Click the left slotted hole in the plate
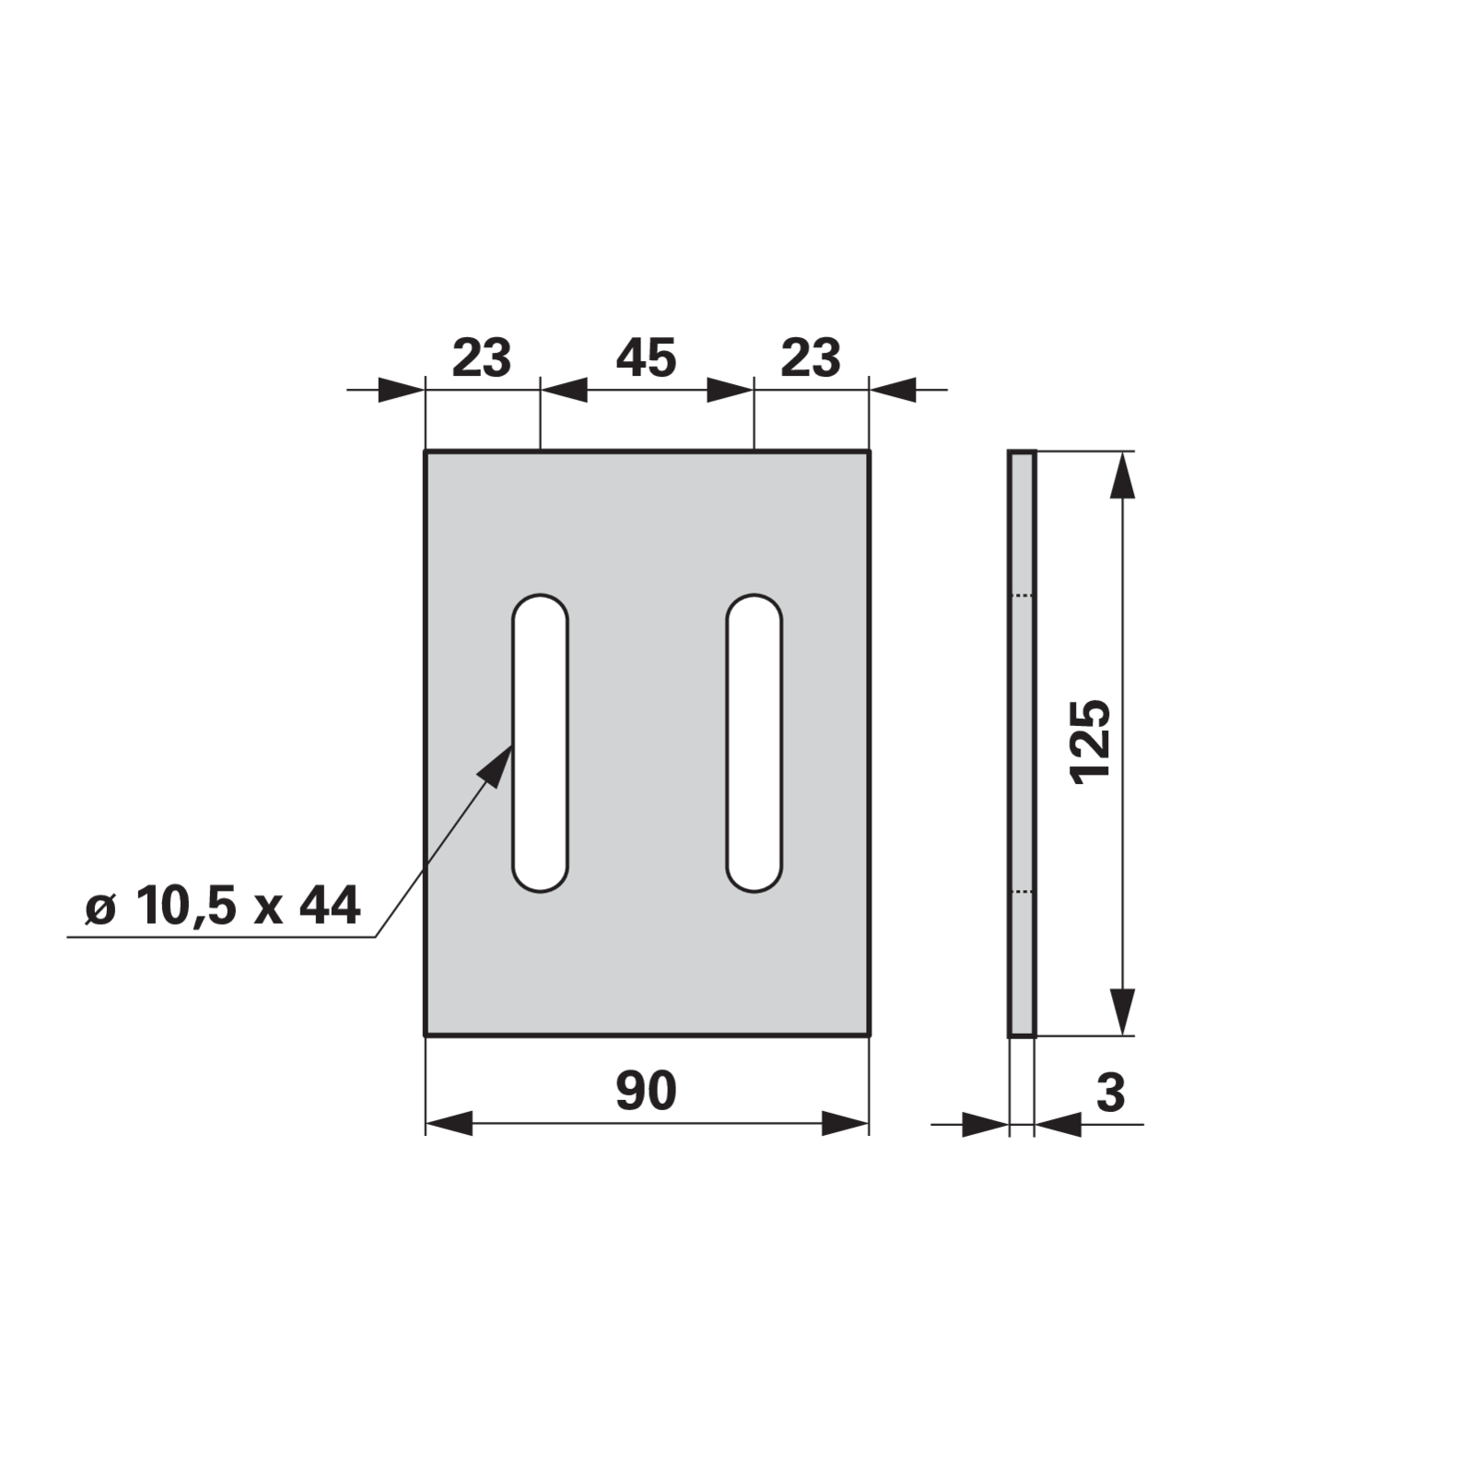(x=541, y=743)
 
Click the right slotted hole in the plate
(x=755, y=743)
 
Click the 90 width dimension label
(x=646, y=1091)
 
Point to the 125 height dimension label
(x=1092, y=743)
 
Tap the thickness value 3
(x=1111, y=1093)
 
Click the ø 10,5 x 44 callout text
(x=222, y=907)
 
